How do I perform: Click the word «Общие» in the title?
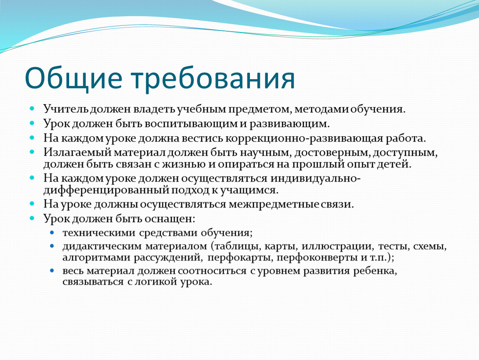click(x=74, y=78)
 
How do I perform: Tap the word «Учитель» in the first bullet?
click(x=66, y=109)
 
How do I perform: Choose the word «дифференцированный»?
click(x=106, y=190)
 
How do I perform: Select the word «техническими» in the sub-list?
click(x=99, y=233)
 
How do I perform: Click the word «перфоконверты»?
click(x=317, y=257)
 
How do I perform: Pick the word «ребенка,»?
click(x=375, y=271)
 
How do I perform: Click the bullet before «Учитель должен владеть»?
click(x=32, y=108)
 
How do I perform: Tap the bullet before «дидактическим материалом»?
click(x=52, y=246)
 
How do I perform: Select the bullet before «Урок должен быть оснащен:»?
click(x=32, y=218)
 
